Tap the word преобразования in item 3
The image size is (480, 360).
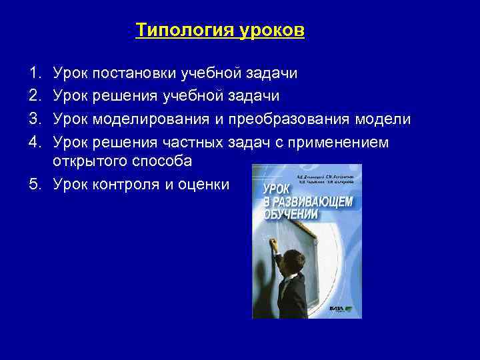coord(291,119)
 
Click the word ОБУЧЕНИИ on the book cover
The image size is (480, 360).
coord(287,215)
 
